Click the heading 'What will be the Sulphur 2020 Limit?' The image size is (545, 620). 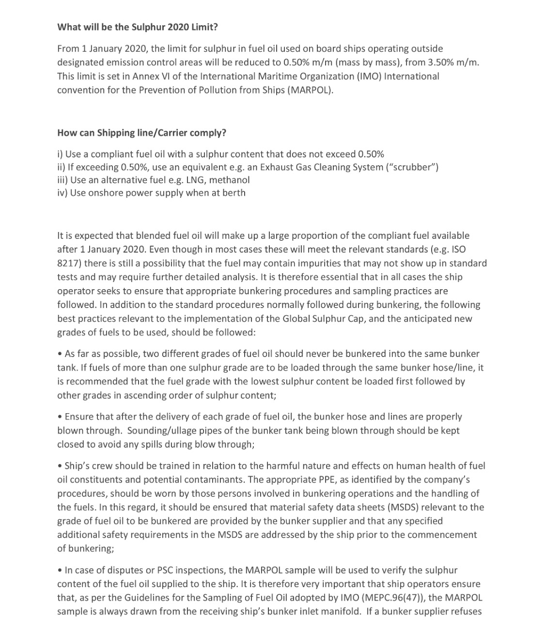pyautogui.click(x=138, y=27)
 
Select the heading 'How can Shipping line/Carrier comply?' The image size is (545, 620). pyautogui.click(x=141, y=133)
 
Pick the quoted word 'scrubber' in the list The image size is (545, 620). pyautogui.click(x=413, y=167)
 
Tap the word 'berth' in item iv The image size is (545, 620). pyautogui.click(x=234, y=193)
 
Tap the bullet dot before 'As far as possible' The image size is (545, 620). pyautogui.click(x=60, y=354)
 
